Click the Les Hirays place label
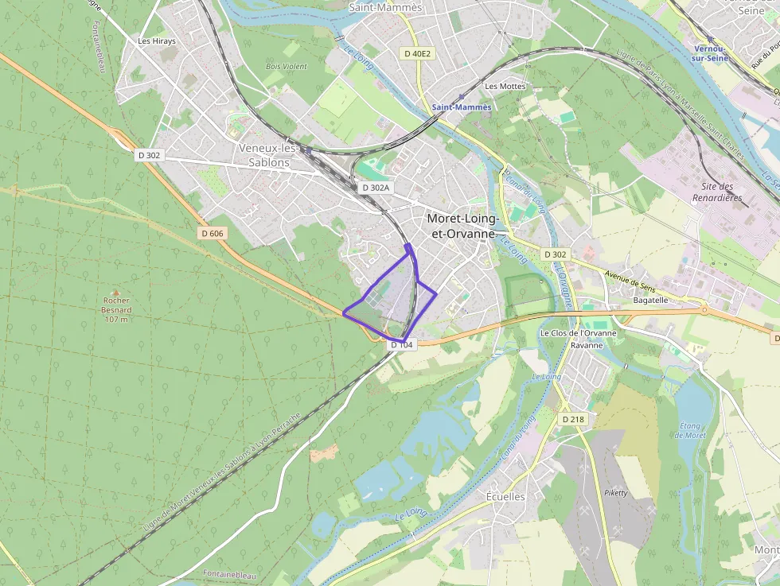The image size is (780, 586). pos(156,41)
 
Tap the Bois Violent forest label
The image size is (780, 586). pos(286,67)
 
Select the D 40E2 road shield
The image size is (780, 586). pos(417,53)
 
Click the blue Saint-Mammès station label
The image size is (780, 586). pos(462,107)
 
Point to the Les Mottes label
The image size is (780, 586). pos(505,86)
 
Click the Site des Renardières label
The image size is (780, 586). pos(716,192)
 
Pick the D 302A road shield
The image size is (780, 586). pos(375,188)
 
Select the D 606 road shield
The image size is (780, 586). pos(213,233)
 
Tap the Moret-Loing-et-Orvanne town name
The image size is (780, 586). pos(463,226)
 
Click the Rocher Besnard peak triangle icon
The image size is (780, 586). pos(116,293)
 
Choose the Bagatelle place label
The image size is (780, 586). pos(650,301)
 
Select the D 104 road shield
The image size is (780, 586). pos(402,345)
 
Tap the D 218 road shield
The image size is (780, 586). pos(572,419)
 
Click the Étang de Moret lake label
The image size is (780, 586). pos(690,430)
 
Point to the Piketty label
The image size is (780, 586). pos(616,493)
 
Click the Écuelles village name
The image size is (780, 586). pos(505,496)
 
